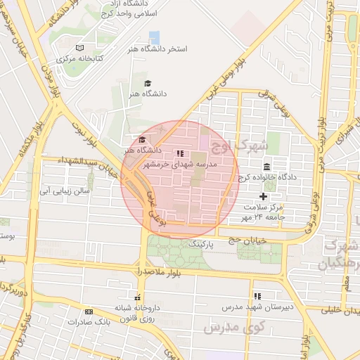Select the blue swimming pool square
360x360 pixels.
point(154,37)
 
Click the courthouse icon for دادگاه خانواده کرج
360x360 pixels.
point(266,167)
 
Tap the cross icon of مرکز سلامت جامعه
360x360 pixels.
point(264,196)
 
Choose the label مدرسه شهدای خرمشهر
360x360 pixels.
point(181,164)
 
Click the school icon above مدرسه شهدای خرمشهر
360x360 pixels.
point(180,153)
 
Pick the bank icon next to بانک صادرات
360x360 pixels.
point(88,311)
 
